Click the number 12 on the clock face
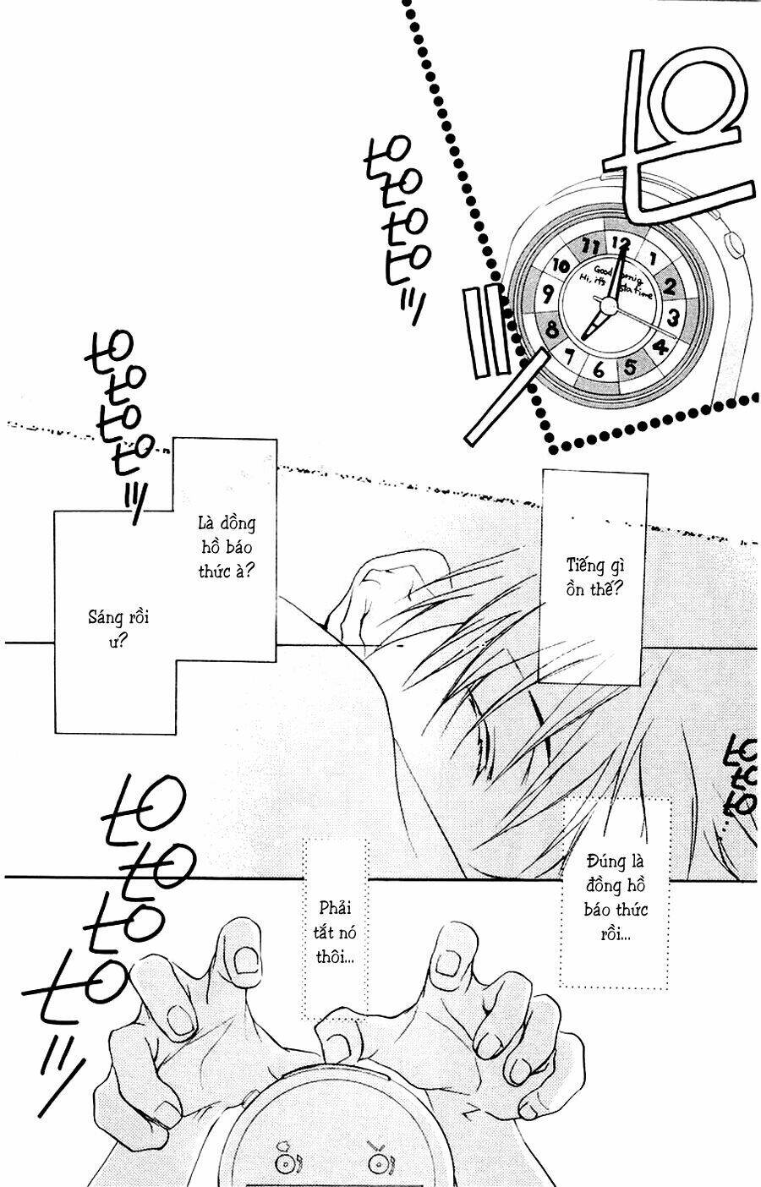tap(621, 243)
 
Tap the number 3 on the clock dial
tap(674, 318)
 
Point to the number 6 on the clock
tap(599, 369)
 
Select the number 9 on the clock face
tap(548, 294)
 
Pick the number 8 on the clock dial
tap(552, 329)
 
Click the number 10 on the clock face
tap(561, 265)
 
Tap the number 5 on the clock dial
tap(631, 367)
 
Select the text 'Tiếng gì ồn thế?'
tap(594, 577)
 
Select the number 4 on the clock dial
tap(660, 347)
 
